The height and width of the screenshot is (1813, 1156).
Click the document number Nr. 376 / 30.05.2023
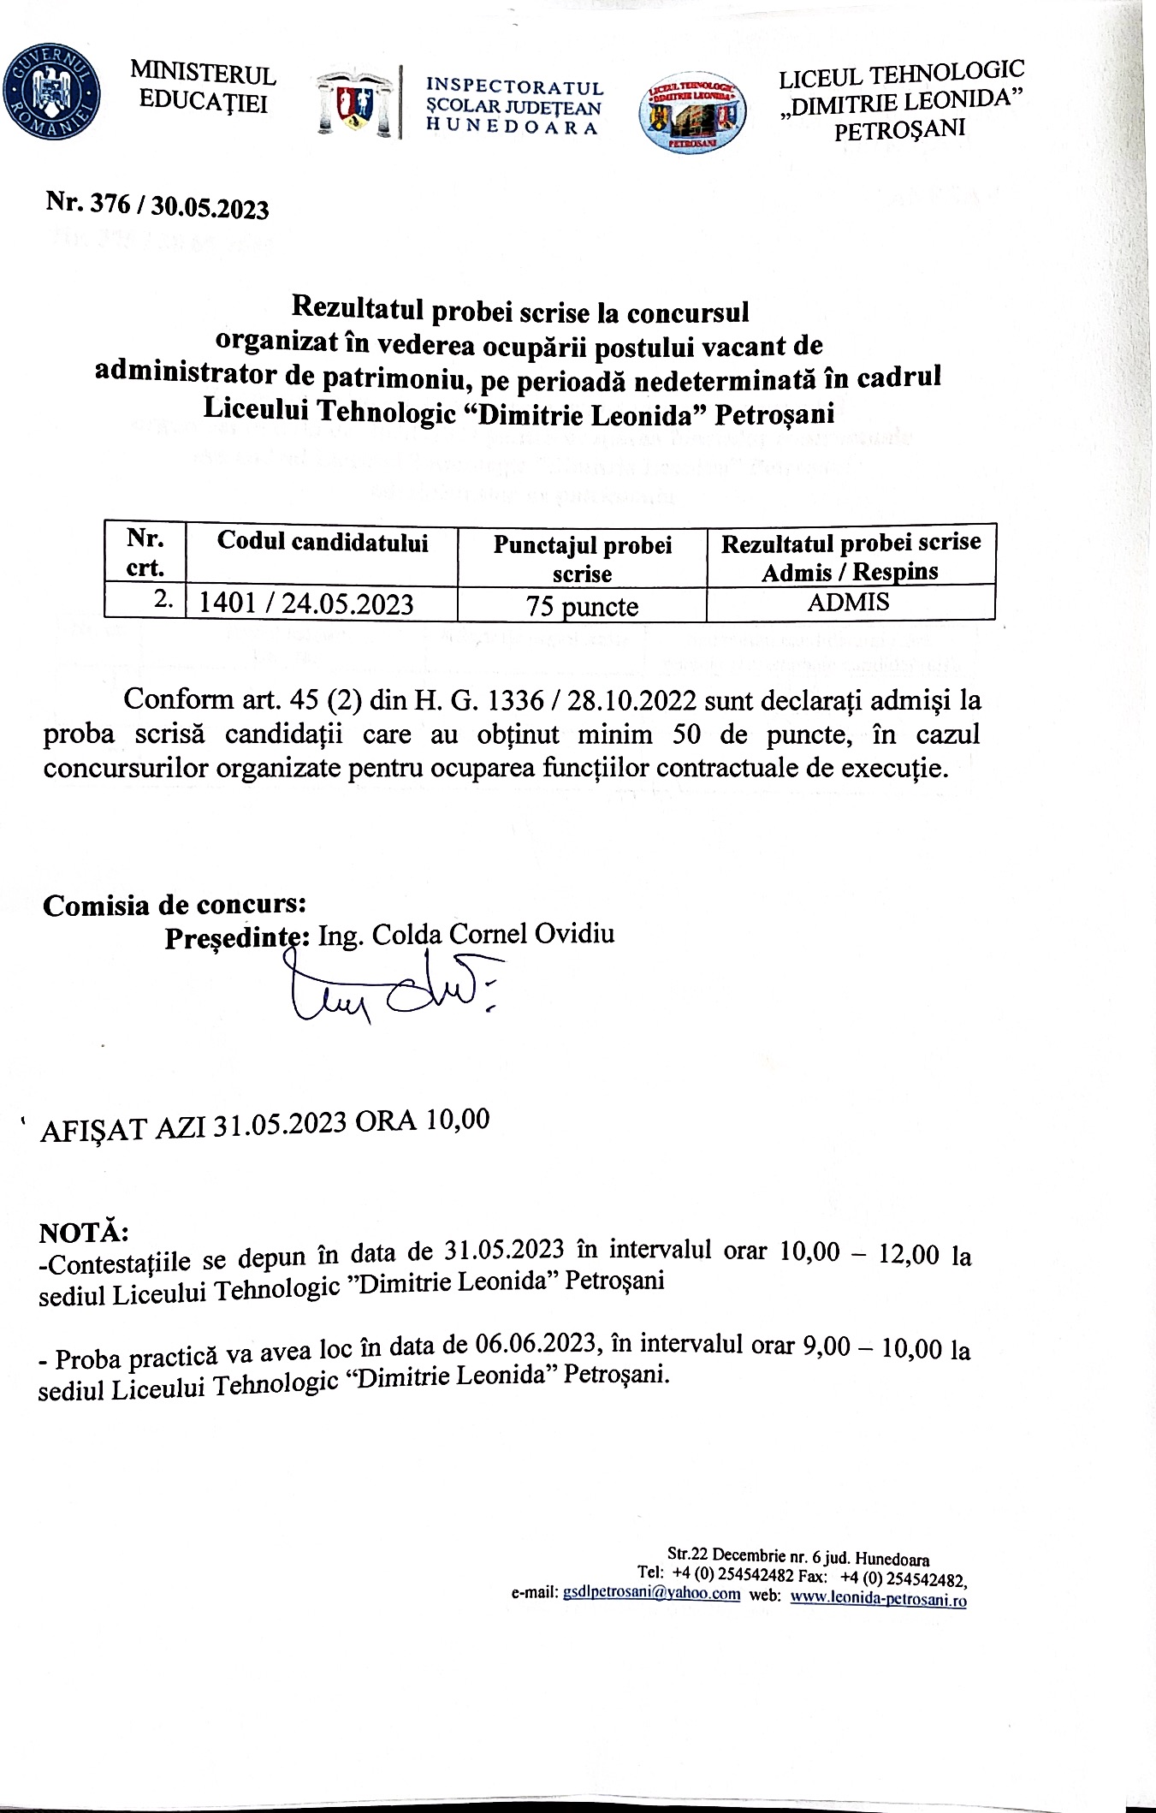(x=157, y=205)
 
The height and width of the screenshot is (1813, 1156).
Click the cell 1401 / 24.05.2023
(x=306, y=604)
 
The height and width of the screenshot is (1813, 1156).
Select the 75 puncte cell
(x=582, y=606)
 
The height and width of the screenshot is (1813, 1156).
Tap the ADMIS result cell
(x=849, y=602)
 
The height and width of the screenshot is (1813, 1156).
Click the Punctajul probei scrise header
(x=582, y=558)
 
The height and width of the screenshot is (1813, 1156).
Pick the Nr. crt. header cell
(x=145, y=553)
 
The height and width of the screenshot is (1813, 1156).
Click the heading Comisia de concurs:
(x=175, y=905)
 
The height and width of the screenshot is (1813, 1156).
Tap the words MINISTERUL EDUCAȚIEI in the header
(x=204, y=89)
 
